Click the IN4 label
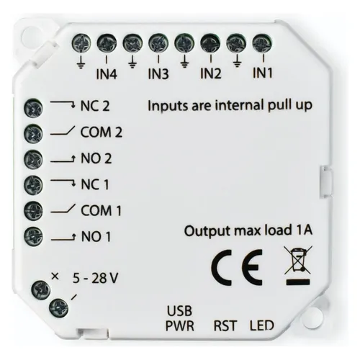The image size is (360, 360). [x=107, y=74]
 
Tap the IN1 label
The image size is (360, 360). [x=263, y=73]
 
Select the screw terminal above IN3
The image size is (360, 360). [x=158, y=43]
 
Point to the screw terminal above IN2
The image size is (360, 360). [x=210, y=43]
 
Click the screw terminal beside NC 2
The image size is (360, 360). [x=33, y=107]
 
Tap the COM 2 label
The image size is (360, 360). [x=102, y=132]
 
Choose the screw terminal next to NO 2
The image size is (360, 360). [x=33, y=159]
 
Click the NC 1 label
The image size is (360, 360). [x=95, y=184]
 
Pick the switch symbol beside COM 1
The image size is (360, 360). [x=63, y=209]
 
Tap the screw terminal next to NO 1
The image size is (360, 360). [x=33, y=235]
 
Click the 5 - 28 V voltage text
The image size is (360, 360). [x=95, y=279]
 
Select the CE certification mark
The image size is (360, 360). [x=237, y=267]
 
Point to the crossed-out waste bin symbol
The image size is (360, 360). [x=298, y=266]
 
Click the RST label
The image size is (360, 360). [x=225, y=325]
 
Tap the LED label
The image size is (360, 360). [x=262, y=325]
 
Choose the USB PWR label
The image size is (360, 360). [x=180, y=318]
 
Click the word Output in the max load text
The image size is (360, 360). [x=207, y=231]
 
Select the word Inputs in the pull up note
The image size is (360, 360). [x=168, y=106]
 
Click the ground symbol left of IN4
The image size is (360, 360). [x=81, y=63]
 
